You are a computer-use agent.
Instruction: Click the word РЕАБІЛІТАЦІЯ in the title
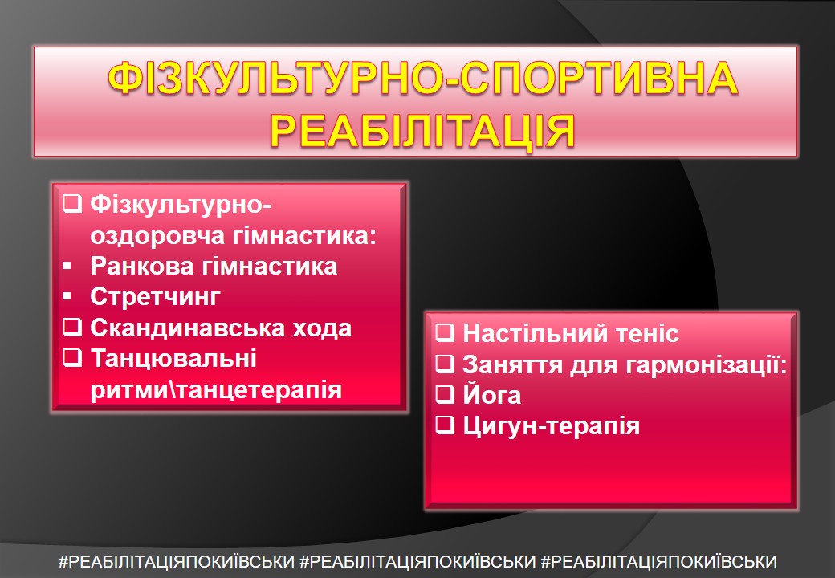423,130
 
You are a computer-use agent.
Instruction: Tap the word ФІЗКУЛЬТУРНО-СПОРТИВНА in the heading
423,78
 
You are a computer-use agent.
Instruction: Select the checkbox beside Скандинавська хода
72,328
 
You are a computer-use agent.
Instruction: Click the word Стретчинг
155,297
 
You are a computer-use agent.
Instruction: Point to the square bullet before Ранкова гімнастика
67,265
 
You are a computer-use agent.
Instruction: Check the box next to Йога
445,394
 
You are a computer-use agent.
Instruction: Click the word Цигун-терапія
551,426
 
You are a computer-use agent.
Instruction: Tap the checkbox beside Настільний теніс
445,332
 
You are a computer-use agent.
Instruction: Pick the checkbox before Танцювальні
72,358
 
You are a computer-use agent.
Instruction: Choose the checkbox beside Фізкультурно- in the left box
72,204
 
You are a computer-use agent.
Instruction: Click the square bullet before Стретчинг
67,296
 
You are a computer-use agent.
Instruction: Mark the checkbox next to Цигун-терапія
445,425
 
